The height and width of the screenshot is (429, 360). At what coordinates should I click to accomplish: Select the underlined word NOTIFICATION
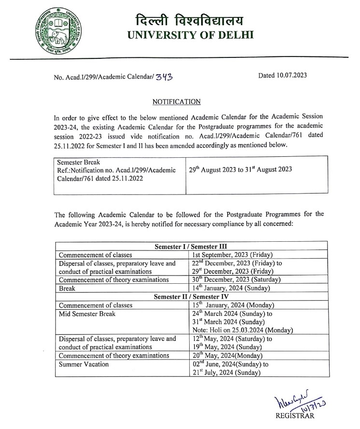coord(176,102)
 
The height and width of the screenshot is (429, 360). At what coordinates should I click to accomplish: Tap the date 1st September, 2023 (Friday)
coord(233,255)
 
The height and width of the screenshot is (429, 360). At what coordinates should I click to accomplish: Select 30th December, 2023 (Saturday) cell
coord(235,279)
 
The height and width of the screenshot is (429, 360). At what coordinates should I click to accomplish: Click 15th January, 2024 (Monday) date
coord(234,305)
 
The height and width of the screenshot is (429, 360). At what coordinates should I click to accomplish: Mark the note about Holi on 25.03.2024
coord(242,330)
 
